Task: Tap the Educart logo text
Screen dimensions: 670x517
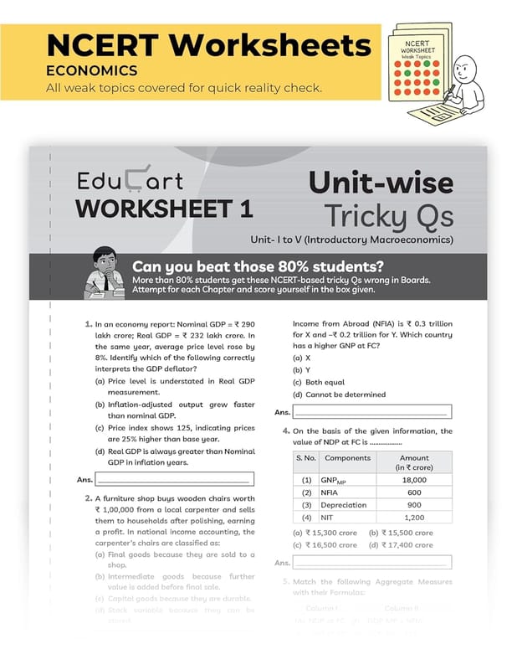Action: [x=129, y=179]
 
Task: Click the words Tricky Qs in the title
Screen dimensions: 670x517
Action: [x=389, y=214]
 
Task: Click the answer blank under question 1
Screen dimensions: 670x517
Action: [x=173, y=480]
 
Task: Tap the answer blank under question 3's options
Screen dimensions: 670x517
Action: [x=371, y=412]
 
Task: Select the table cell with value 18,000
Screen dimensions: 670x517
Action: [x=413, y=481]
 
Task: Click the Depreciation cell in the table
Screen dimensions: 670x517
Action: [x=343, y=505]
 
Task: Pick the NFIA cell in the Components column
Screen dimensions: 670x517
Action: [x=332, y=493]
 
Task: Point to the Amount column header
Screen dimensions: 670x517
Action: [x=413, y=463]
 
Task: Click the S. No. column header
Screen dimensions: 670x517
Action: [x=306, y=459]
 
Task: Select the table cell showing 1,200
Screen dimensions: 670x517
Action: [x=413, y=518]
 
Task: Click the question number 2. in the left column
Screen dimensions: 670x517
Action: [x=87, y=498]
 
